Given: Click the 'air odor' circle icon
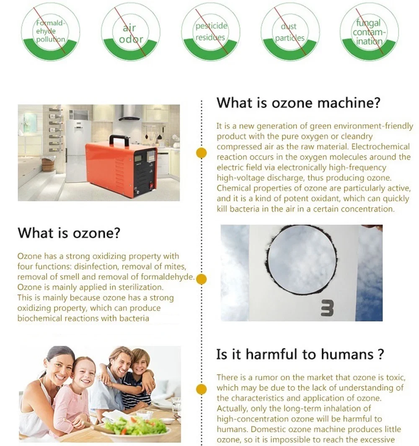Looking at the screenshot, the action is pos(130,32).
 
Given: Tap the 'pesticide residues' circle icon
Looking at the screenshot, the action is pos(211,32).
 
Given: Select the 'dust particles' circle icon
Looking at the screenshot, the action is pos(290,32).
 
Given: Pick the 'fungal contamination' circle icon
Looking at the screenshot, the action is pos(369,32).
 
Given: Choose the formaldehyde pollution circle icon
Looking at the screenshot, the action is pos(50,32).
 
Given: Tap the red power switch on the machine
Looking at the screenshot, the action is pos(152,186).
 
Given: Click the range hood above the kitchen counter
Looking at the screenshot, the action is pos(129,114).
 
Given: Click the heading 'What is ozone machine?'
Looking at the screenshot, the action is pos(298,103).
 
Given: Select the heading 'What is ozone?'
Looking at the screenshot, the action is pos(69,233).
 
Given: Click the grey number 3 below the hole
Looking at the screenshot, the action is pos(327,309).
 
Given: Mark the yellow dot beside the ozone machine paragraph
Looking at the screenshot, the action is pos(201,153).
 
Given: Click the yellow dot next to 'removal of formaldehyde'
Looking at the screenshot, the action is pos(201,279).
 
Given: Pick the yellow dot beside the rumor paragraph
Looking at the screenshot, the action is pos(201,389).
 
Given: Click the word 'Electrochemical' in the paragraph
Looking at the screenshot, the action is pos(380,146).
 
